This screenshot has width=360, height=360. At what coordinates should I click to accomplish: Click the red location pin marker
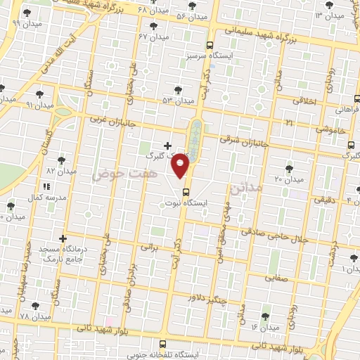point(181,165)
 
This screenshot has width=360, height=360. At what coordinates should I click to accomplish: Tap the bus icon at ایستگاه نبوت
point(186,191)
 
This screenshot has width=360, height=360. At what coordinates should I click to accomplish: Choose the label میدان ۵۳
point(178,101)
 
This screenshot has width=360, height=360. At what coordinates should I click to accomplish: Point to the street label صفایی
point(276,278)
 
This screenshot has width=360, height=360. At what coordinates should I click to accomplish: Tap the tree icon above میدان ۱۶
point(265,317)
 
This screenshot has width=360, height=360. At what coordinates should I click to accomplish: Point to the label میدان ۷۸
point(35,317)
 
